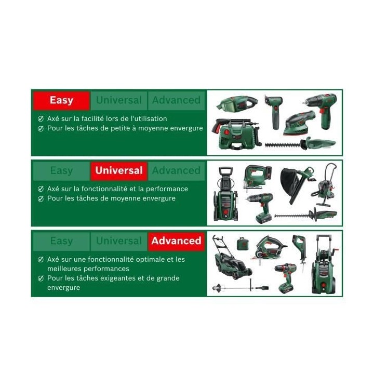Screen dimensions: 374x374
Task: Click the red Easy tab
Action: [61, 100]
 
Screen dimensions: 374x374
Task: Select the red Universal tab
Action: [118, 170]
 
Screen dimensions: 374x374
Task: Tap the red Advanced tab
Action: [176, 241]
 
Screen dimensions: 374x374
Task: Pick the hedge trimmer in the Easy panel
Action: [301, 143]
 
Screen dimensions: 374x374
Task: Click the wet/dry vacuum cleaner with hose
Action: [325, 185]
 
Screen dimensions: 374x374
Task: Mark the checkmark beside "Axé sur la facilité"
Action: [41, 119]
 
